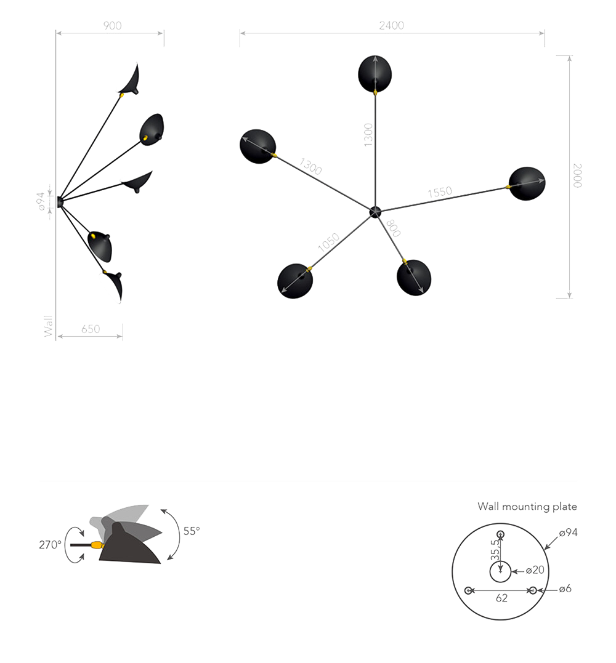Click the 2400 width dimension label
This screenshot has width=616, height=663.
(x=391, y=26)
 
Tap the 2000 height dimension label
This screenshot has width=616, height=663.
(x=577, y=175)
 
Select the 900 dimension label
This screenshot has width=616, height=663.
(x=112, y=26)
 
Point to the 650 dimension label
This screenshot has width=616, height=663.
(x=91, y=329)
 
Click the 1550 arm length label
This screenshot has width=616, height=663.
(x=440, y=193)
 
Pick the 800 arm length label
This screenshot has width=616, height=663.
(x=393, y=228)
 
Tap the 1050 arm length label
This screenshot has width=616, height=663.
(x=328, y=243)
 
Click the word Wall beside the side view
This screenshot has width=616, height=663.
(x=49, y=326)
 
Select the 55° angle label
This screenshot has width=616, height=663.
(x=191, y=531)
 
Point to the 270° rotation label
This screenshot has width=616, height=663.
(x=50, y=545)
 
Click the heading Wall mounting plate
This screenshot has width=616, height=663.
(x=527, y=507)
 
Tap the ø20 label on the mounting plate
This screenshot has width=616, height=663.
(x=535, y=570)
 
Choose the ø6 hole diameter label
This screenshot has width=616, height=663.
(x=565, y=589)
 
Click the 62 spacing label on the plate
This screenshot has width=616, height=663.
(x=502, y=598)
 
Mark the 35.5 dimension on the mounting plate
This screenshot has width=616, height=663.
(x=495, y=550)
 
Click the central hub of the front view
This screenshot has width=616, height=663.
(x=375, y=212)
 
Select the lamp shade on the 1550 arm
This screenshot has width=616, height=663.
(x=527, y=183)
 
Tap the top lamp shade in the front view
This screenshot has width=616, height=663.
(x=375, y=74)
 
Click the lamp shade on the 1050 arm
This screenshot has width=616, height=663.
(x=295, y=281)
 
